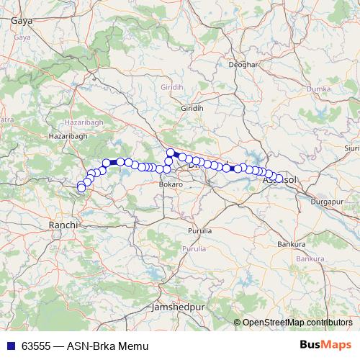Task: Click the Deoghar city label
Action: tap(243, 65)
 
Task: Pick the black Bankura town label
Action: tap(291, 244)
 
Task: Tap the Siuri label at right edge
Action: tap(352, 148)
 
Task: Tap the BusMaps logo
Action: tap(325, 346)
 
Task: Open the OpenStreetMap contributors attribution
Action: tap(297, 323)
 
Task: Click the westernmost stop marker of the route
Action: tap(81, 189)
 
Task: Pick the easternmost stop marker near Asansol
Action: tap(279, 179)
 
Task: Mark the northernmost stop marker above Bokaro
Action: tap(171, 152)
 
